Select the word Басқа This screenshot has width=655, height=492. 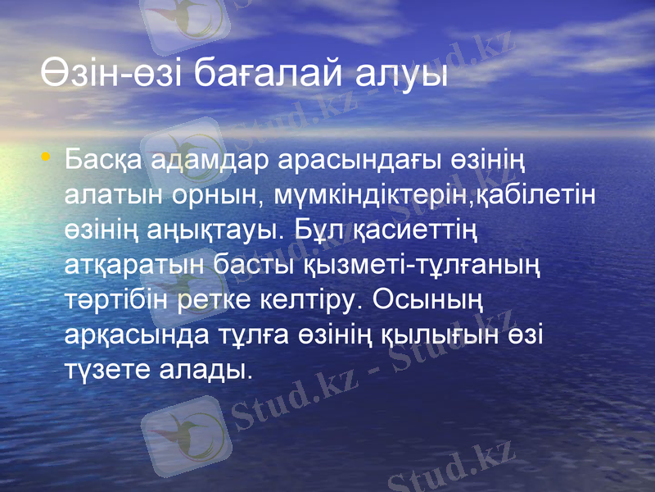coord(106,161)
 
